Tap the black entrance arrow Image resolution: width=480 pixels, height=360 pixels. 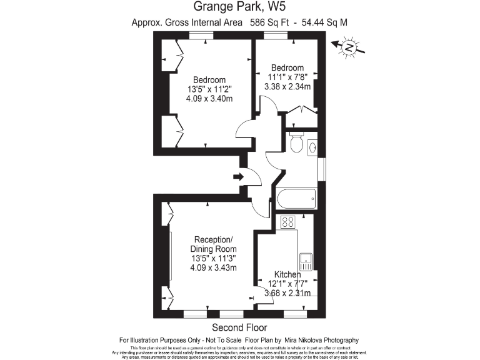238,177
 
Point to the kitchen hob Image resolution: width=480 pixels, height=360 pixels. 288,222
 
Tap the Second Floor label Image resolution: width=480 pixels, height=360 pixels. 239,327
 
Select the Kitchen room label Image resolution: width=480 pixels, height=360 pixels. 287,274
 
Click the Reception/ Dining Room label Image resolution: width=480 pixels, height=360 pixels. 213,244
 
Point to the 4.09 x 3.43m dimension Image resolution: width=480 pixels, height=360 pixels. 213,268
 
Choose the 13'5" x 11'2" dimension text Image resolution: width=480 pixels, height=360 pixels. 209,89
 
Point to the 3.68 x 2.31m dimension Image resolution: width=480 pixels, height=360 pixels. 287,292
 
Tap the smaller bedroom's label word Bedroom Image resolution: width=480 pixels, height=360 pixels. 287,67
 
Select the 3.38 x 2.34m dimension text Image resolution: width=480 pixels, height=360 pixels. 287,87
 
